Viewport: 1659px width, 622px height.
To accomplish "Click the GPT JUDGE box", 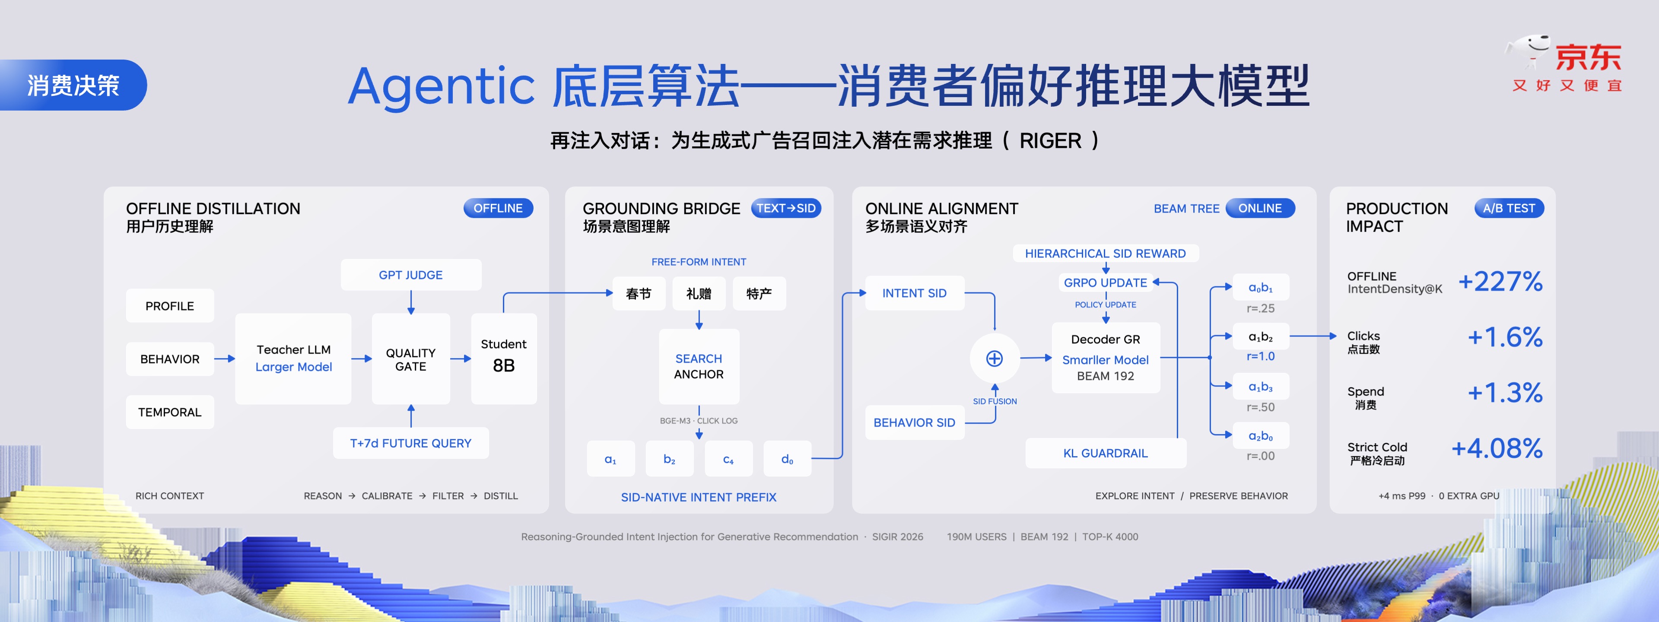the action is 411,275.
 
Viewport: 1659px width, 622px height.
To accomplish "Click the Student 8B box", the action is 504,359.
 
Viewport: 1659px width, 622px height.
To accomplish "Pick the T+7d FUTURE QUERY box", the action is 411,443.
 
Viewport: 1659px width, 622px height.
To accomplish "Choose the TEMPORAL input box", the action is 170,412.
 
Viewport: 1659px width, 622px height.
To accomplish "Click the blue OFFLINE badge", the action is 498,208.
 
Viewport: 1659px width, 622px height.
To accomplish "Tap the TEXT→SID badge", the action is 786,208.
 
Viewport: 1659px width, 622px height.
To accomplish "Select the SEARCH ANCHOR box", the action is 699,366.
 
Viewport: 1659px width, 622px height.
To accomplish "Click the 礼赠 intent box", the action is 699,294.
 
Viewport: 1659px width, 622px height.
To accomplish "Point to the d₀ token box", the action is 787,459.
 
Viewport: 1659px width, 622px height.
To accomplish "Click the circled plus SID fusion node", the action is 995,359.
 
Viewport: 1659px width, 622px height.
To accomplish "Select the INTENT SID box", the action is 915,293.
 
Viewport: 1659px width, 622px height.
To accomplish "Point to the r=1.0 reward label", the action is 1260,356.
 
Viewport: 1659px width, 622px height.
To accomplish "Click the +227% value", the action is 1500,281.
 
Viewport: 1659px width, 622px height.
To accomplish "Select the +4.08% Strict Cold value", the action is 1497,448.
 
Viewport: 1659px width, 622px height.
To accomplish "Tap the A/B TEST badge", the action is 1509,208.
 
